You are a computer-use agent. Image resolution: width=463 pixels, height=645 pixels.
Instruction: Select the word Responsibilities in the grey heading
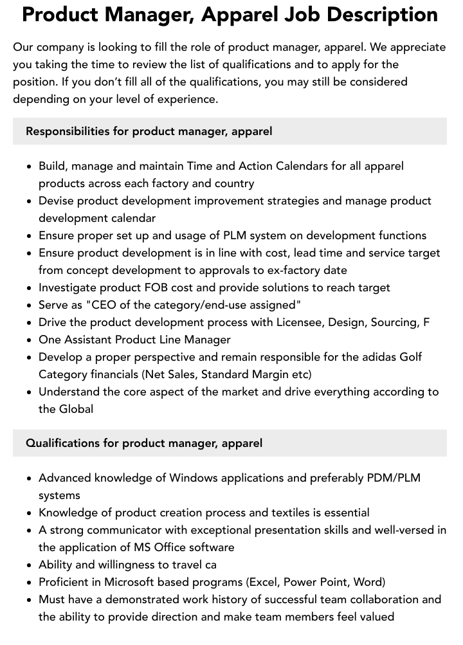(68, 131)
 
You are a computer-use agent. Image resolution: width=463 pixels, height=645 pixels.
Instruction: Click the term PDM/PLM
(394, 478)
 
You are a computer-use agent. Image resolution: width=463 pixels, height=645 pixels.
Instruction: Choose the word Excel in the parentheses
(265, 582)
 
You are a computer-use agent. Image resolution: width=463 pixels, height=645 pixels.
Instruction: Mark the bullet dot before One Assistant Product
(29, 340)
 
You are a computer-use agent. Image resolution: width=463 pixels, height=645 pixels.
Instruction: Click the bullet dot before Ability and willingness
(29, 565)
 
